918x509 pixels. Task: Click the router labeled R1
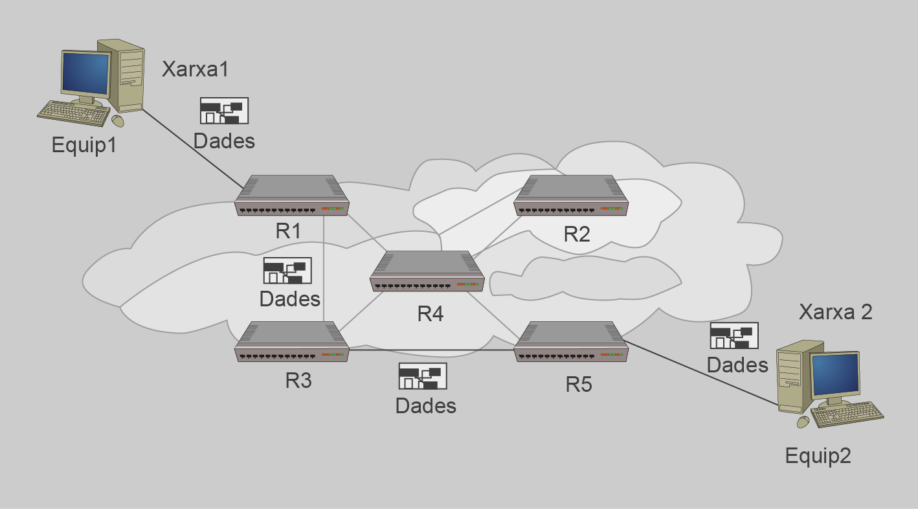coord(292,196)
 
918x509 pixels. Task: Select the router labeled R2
coord(571,196)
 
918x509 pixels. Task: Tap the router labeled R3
coord(292,341)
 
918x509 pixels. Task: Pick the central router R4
coord(427,271)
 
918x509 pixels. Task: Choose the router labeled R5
coord(571,341)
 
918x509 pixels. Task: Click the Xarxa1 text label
coord(195,69)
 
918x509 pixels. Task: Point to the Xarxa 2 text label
coord(835,311)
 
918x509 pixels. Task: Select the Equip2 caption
coord(818,456)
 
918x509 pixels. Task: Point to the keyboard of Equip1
coord(73,113)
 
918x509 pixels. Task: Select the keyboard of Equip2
coord(847,414)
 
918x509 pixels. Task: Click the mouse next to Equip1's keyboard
coord(117,120)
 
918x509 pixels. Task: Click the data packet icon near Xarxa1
coord(224,111)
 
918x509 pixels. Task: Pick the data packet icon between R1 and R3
coord(287,271)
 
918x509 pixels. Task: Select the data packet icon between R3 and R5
coord(423,376)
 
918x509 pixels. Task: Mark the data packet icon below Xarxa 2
coord(734,335)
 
